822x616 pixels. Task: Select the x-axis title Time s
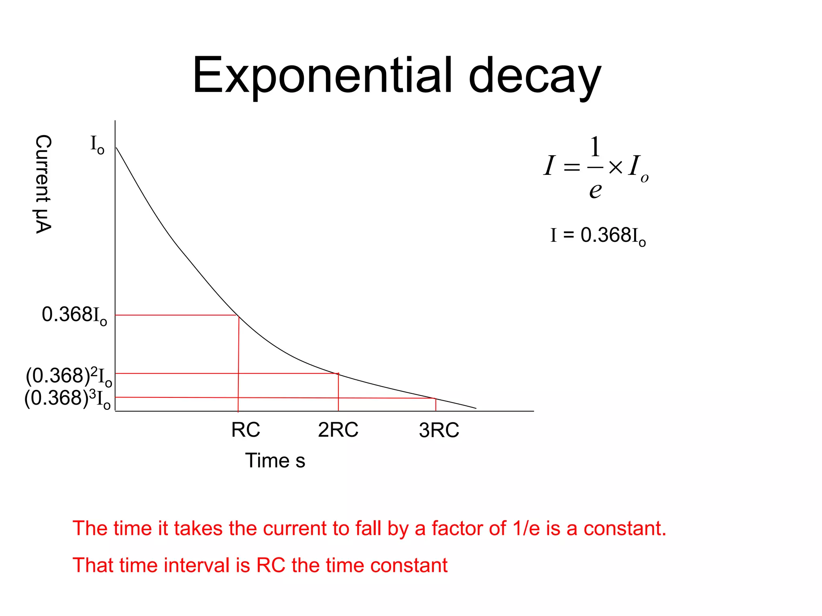coord(275,460)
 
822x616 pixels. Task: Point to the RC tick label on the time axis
coord(246,430)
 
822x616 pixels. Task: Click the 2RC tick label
coord(338,430)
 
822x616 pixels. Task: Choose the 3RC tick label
coord(439,430)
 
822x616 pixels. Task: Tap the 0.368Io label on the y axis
coord(74,315)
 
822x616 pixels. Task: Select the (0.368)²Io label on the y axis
coord(69,376)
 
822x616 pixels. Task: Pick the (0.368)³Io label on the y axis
coord(67,399)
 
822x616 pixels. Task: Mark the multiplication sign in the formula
coord(615,167)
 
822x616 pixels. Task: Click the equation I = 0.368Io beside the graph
coord(598,235)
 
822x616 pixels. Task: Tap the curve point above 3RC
coord(435,399)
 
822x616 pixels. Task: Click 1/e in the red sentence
coord(526,528)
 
